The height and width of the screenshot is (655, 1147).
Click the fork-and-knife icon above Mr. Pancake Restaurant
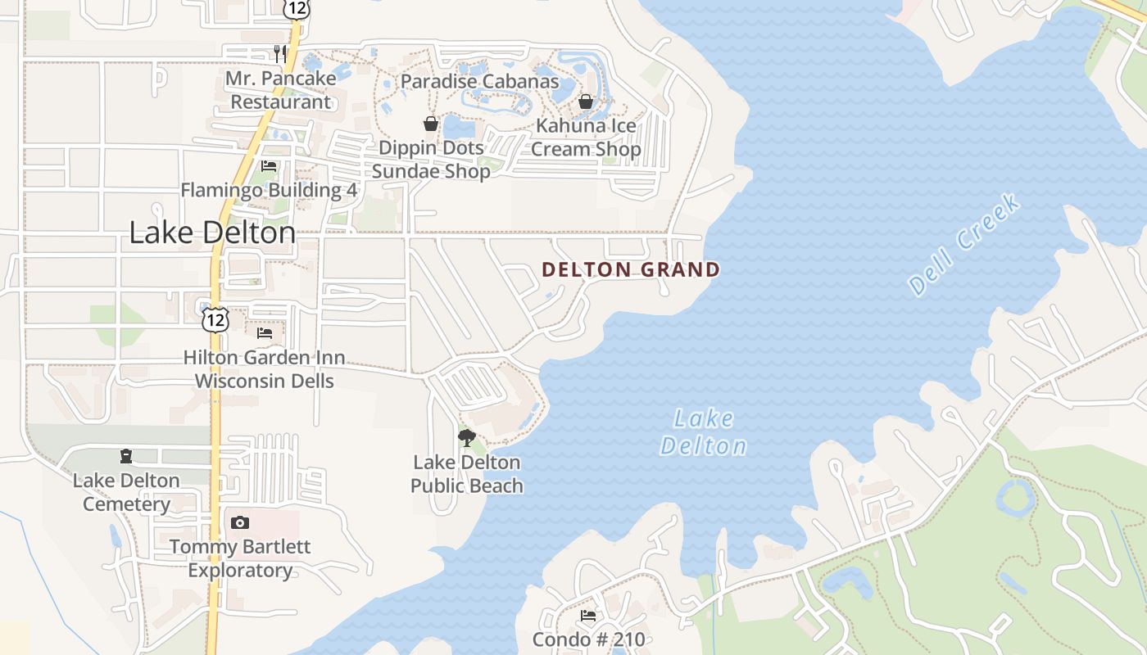point(281,54)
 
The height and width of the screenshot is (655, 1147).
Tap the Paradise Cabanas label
point(479,81)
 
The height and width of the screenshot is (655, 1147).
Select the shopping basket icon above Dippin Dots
point(431,124)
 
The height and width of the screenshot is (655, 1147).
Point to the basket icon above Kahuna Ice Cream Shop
point(586,102)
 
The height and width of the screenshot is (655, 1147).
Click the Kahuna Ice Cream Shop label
point(586,138)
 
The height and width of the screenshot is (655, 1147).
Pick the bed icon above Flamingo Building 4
point(269,166)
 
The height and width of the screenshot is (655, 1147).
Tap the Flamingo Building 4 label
point(269,190)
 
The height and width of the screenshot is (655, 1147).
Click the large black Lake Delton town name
point(212,233)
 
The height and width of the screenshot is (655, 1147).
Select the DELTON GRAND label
point(631,269)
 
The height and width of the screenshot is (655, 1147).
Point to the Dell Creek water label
point(965,244)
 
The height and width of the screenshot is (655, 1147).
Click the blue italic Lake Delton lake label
point(704,432)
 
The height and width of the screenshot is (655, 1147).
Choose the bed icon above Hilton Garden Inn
point(264,333)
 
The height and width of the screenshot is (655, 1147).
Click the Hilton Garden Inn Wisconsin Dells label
point(264,369)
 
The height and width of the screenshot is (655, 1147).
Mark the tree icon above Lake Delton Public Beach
point(466,438)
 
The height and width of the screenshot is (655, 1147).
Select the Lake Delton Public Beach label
point(466,474)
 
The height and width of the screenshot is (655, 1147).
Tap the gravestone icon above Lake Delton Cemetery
point(126,456)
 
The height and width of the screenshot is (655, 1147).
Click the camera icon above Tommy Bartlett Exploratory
point(240,522)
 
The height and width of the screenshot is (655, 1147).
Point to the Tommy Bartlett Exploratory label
point(240,558)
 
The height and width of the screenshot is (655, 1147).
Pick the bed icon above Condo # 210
point(588,616)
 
